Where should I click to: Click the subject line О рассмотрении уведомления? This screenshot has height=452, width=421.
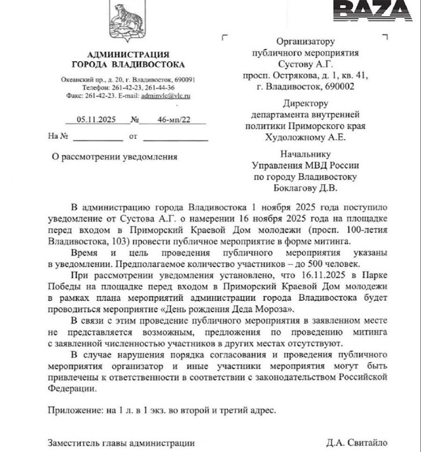[114, 157]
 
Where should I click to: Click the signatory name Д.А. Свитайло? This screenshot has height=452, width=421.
[357, 442]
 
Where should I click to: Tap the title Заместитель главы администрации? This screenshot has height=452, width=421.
[121, 442]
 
